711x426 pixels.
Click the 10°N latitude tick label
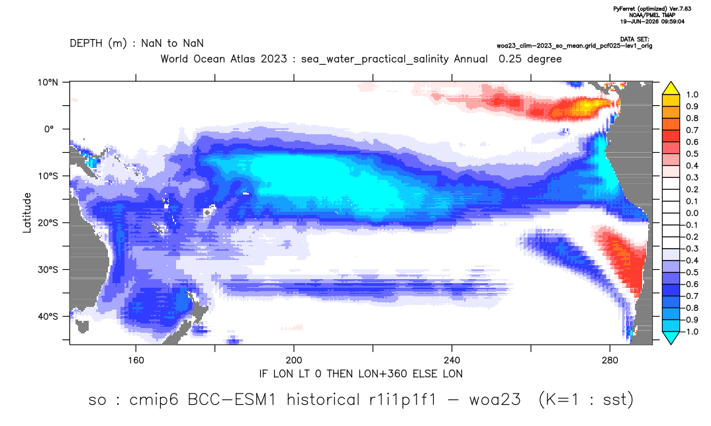48,82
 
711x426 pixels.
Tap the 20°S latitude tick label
48,222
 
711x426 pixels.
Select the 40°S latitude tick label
48,316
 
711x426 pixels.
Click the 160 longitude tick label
136,361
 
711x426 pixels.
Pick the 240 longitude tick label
452,361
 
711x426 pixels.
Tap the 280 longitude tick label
610,361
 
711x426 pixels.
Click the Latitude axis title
27,213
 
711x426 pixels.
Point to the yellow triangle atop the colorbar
671,88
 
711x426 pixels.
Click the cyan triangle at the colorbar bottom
671,337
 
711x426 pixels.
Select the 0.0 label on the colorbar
692,213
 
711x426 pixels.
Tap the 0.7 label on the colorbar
692,130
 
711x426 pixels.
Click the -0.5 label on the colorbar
690,273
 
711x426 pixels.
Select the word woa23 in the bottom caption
495,400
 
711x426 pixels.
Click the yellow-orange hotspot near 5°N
585,107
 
